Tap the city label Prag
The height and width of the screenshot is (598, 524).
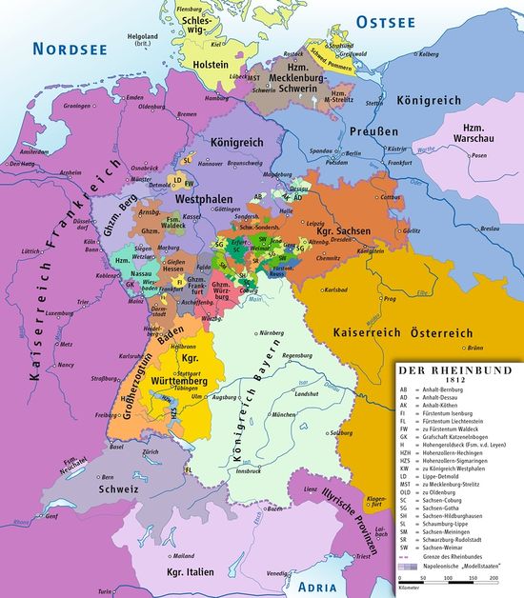[x=390, y=298]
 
